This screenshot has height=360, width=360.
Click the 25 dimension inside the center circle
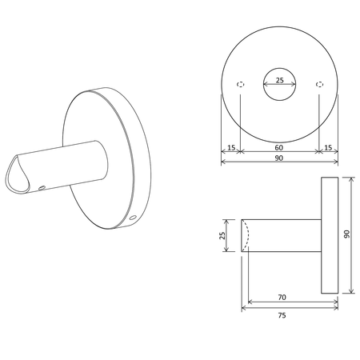pos(280,80)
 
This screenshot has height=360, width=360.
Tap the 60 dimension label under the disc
pos(278,147)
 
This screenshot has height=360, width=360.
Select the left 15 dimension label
pos(231,147)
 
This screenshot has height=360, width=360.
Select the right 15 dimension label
pos(328,147)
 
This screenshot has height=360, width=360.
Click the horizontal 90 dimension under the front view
pos(279,158)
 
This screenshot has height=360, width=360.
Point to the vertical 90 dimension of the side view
pos(346,234)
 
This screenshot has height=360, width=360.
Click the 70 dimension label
pos(282,297)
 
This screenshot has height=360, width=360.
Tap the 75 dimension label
pos(282,315)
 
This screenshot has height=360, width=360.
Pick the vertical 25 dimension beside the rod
pos(222,235)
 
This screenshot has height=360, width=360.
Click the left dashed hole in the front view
pos(241,85)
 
